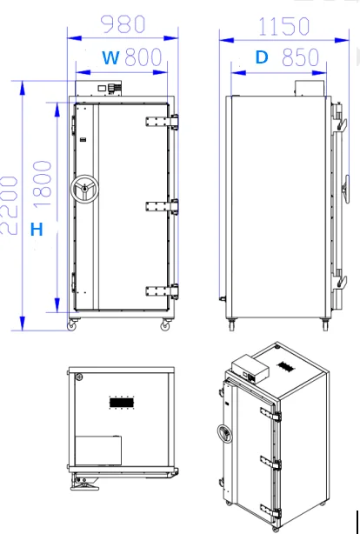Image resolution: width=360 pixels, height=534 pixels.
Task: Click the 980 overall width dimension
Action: [123, 22]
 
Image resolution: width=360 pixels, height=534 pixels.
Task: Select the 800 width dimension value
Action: [143, 58]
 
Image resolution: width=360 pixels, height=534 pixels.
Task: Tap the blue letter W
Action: [111, 58]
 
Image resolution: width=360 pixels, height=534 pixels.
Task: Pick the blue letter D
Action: [262, 58]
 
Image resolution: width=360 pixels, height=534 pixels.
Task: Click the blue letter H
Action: [37, 230]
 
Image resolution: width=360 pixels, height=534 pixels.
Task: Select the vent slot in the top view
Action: [123, 403]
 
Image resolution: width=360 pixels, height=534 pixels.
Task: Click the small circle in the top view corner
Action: [78, 377]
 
